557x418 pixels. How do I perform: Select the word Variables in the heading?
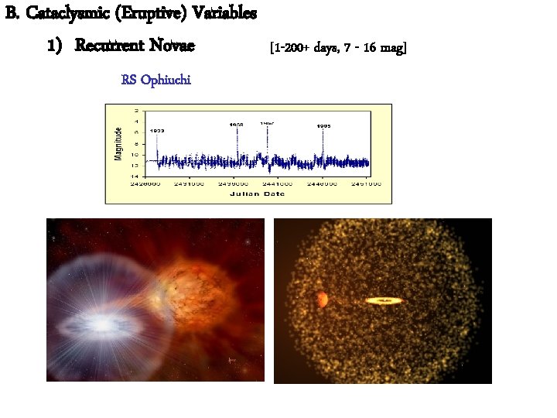click(223, 14)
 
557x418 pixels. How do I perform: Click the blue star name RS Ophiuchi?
click(156, 80)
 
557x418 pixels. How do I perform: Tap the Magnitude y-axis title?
click(118, 143)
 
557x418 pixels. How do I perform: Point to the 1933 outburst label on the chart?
click(156, 131)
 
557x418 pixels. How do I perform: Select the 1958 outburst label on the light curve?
click(236, 124)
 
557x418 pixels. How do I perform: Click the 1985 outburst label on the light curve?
click(324, 125)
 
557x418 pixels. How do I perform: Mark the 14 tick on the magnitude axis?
click(136, 176)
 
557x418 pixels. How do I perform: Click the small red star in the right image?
click(321, 299)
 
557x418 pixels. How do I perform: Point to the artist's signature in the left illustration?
click(231, 361)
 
